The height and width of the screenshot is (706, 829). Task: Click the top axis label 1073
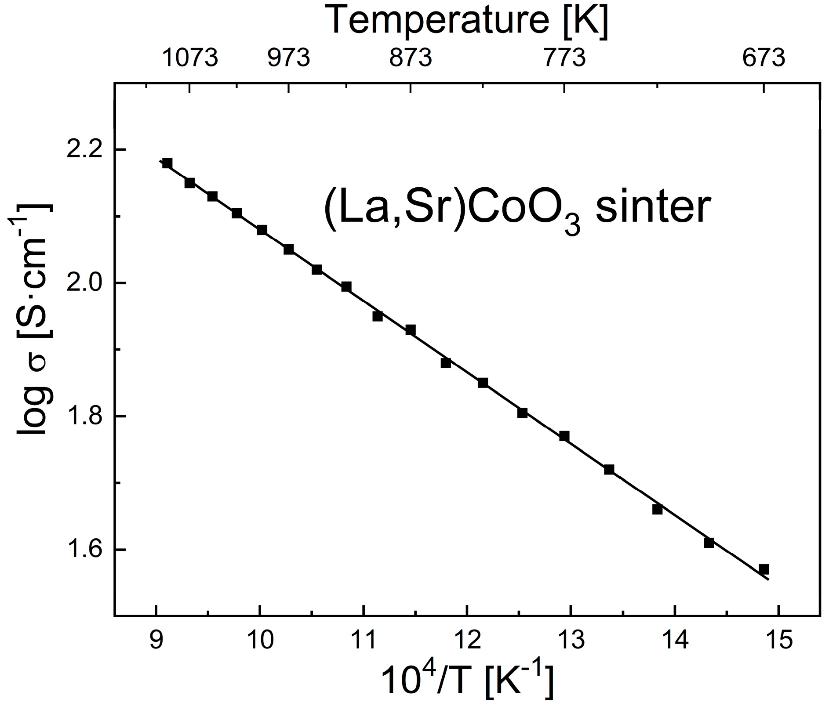[190, 58]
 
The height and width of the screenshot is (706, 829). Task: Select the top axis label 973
[289, 58]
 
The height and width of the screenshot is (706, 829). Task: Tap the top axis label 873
[411, 58]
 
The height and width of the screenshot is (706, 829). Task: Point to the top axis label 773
[565, 58]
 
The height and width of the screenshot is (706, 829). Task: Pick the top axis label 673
[764, 58]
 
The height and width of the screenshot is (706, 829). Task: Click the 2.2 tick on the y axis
[87, 149]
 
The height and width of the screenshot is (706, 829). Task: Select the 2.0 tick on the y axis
[87, 283]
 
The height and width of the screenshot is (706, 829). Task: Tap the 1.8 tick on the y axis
[87, 416]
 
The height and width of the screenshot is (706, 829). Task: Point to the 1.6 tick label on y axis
[87, 550]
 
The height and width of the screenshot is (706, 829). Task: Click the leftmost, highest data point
[167, 163]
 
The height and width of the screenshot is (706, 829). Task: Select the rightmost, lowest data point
[764, 569]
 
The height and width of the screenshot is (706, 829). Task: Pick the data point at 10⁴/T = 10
[262, 230]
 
